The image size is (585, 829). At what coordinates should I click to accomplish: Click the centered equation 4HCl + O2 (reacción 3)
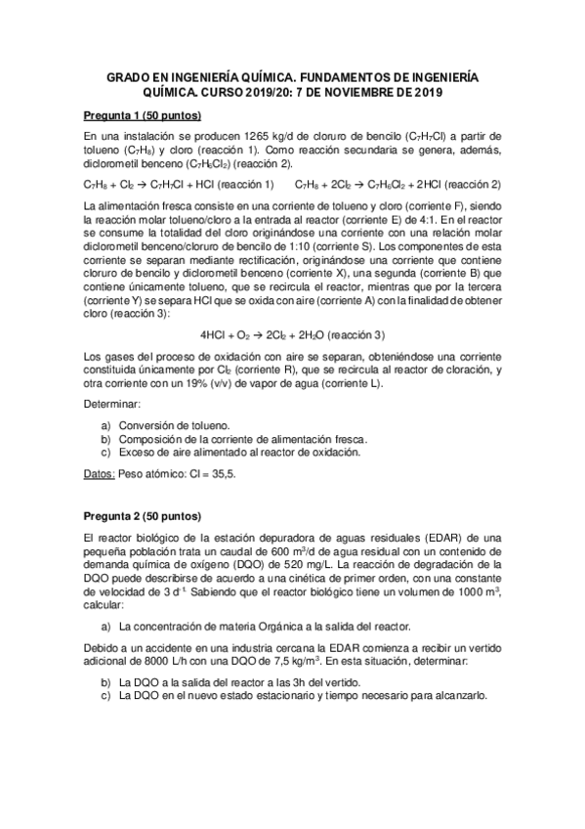(x=292, y=334)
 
